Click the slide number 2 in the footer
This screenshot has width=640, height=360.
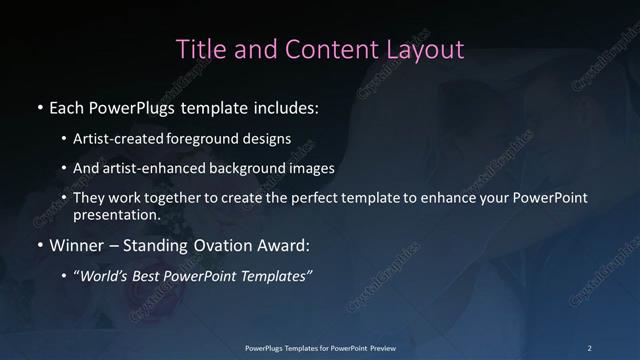(590, 347)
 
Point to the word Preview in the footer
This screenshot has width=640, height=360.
(379, 347)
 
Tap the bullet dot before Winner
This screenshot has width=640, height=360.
(39, 245)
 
